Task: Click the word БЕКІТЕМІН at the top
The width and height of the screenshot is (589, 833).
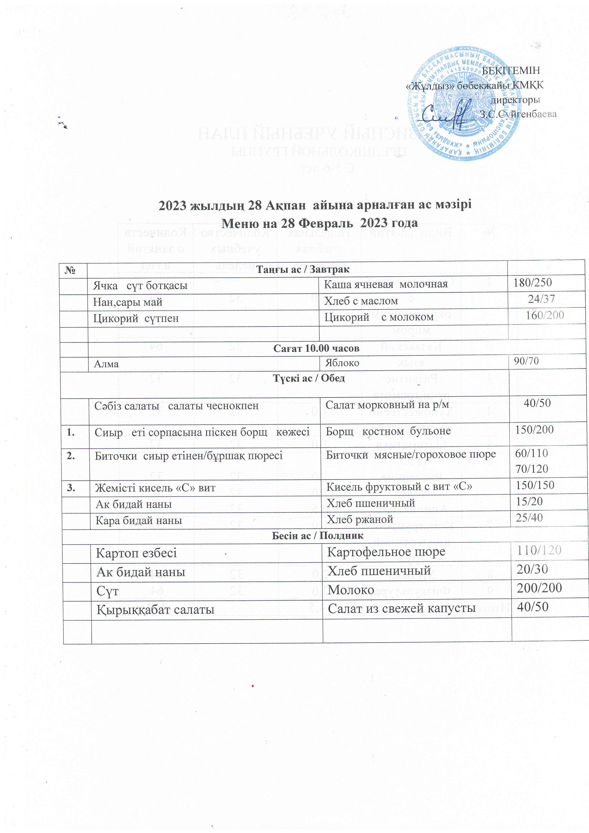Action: pos(511,70)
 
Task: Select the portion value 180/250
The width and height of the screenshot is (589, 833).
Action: pos(532,283)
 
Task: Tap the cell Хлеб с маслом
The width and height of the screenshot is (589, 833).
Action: pos(361,301)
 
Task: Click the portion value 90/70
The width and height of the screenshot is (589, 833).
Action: pos(526,361)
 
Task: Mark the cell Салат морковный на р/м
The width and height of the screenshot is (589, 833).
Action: pos(387,404)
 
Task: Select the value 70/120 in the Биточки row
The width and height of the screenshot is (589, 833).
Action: pos(532,469)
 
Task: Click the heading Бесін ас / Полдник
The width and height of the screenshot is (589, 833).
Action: pos(318,535)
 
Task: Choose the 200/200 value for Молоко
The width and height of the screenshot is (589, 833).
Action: pos(539,587)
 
